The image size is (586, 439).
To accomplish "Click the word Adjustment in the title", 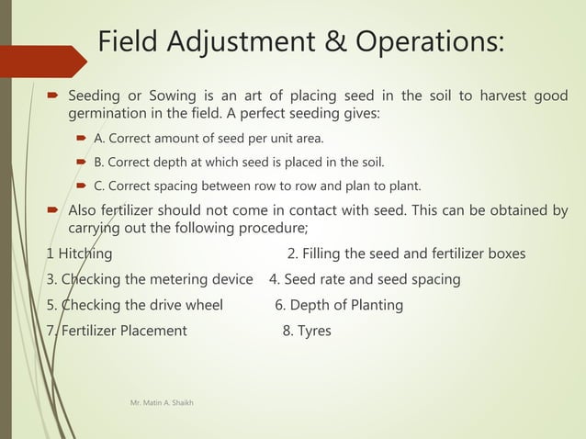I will [x=254, y=42].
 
